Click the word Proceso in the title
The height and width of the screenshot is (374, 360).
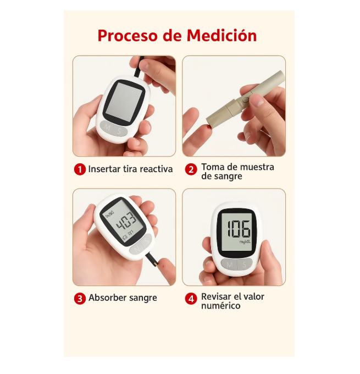(128, 36)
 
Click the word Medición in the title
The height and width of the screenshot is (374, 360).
(221, 35)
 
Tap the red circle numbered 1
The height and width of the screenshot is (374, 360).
(80, 169)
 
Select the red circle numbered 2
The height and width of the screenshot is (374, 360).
(191, 169)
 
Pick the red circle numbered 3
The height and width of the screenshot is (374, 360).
(80, 299)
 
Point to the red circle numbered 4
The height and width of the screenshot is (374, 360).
(191, 299)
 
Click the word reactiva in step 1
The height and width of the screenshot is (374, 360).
(156, 169)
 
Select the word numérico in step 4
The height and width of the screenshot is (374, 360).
(221, 306)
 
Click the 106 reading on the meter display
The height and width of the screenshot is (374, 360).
(239, 229)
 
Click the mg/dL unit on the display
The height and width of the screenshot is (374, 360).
(245, 242)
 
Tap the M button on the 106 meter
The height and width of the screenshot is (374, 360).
(229, 265)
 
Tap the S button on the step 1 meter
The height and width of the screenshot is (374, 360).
(120, 131)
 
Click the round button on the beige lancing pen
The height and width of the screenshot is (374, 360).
(245, 100)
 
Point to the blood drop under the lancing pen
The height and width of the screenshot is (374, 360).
(209, 129)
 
